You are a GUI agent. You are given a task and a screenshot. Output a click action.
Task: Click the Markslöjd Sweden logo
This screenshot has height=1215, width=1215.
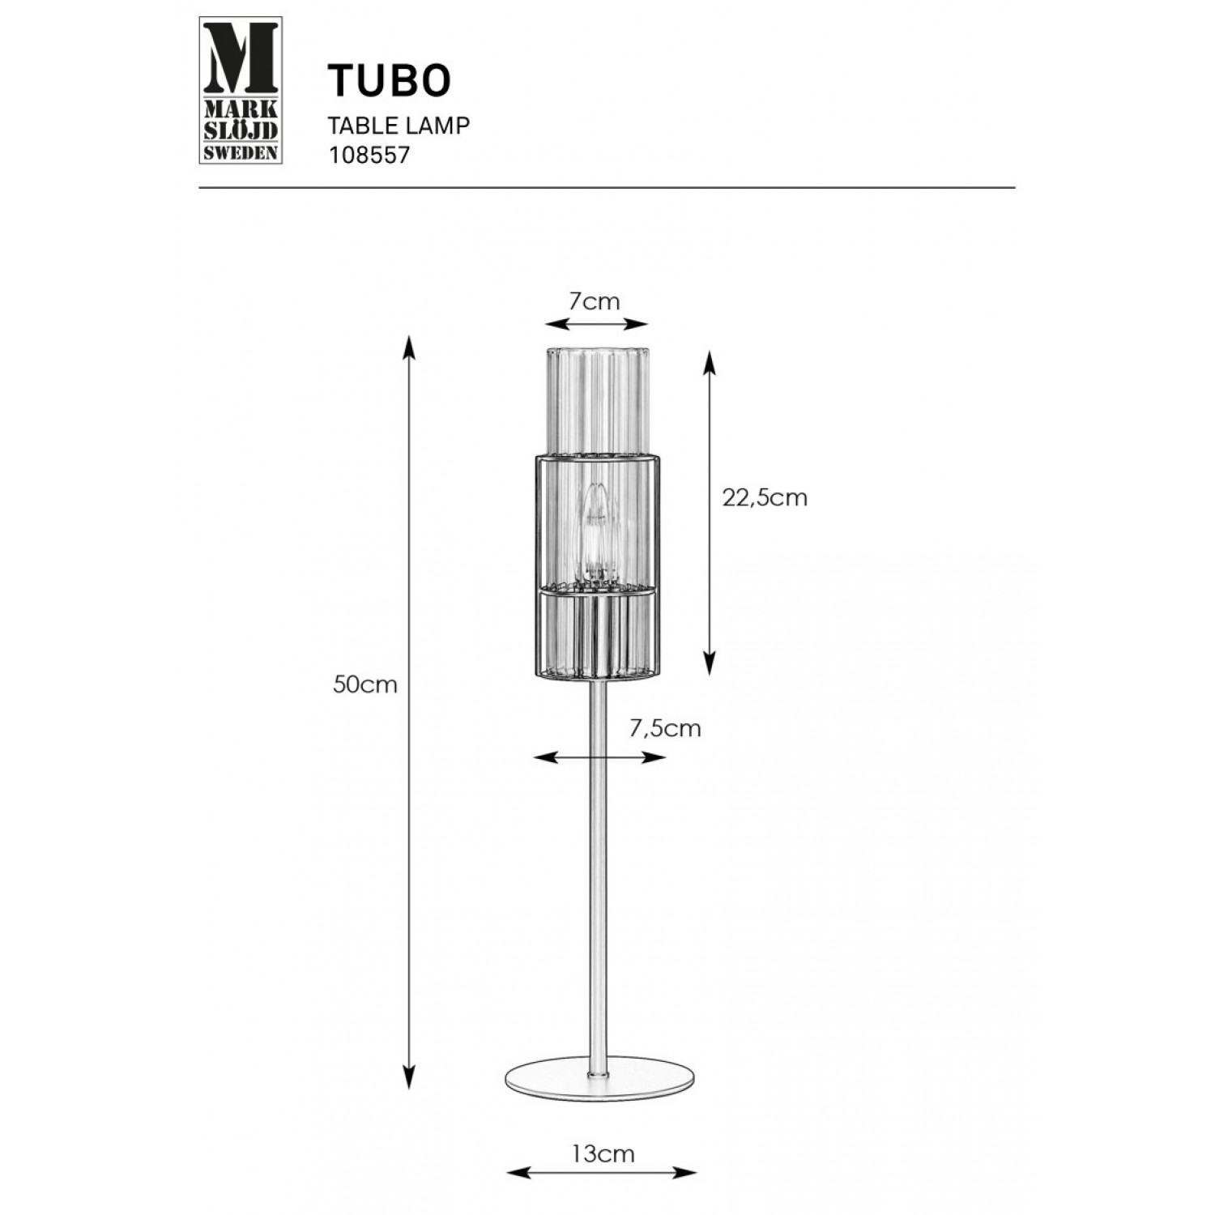click(241, 90)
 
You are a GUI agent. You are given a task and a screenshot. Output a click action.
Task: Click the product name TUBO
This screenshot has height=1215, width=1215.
click(389, 81)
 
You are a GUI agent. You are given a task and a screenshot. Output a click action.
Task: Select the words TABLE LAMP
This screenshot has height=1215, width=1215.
click(399, 126)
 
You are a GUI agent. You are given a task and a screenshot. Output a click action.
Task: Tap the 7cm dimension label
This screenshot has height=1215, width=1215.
click(595, 302)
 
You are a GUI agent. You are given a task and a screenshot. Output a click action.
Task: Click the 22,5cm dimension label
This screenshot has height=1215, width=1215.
click(765, 497)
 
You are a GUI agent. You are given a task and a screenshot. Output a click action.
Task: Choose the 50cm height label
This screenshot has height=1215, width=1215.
click(365, 684)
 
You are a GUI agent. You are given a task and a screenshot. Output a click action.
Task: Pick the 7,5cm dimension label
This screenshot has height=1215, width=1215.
click(665, 728)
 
